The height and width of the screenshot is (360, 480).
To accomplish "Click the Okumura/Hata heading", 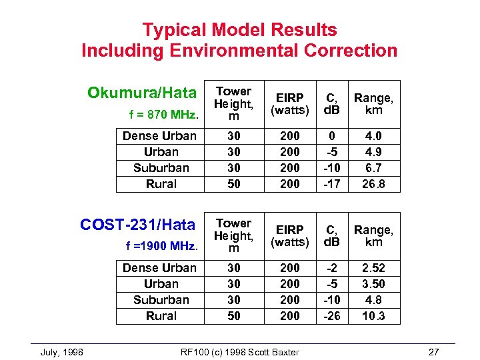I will pyautogui.click(x=142, y=93).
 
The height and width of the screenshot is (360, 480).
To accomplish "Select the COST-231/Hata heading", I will pyautogui.click(x=137, y=225).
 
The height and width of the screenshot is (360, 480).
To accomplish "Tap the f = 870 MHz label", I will pyautogui.click(x=163, y=115).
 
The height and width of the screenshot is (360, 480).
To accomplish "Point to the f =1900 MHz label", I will pyautogui.click(x=161, y=246).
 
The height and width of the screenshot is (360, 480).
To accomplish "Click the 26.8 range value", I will pyautogui.click(x=374, y=184).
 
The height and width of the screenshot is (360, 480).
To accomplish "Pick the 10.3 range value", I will pyautogui.click(x=374, y=316).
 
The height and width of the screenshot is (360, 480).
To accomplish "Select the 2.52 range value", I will pyautogui.click(x=374, y=268).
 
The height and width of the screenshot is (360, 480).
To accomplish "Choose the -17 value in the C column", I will pyautogui.click(x=331, y=184).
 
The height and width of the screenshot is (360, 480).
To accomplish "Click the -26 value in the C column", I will pyautogui.click(x=331, y=316).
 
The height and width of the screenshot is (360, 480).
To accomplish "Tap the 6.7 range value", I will pyautogui.click(x=374, y=168).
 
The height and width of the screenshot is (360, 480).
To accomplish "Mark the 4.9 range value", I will pyautogui.click(x=374, y=152).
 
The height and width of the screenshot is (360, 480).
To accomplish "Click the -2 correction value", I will pyautogui.click(x=331, y=268).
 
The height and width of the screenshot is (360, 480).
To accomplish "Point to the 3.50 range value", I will pyautogui.click(x=374, y=284).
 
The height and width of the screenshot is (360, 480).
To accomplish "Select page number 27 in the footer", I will pyautogui.click(x=434, y=352).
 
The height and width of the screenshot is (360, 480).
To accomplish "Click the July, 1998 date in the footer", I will pyautogui.click(x=62, y=352).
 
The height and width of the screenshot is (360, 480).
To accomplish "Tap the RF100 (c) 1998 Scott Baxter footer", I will pyautogui.click(x=240, y=352).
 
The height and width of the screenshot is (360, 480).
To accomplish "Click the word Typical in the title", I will pyautogui.click(x=174, y=30).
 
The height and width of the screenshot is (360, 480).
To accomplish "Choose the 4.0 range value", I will pyautogui.click(x=374, y=136).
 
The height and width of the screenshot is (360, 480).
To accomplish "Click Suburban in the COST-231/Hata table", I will pyautogui.click(x=161, y=300).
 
